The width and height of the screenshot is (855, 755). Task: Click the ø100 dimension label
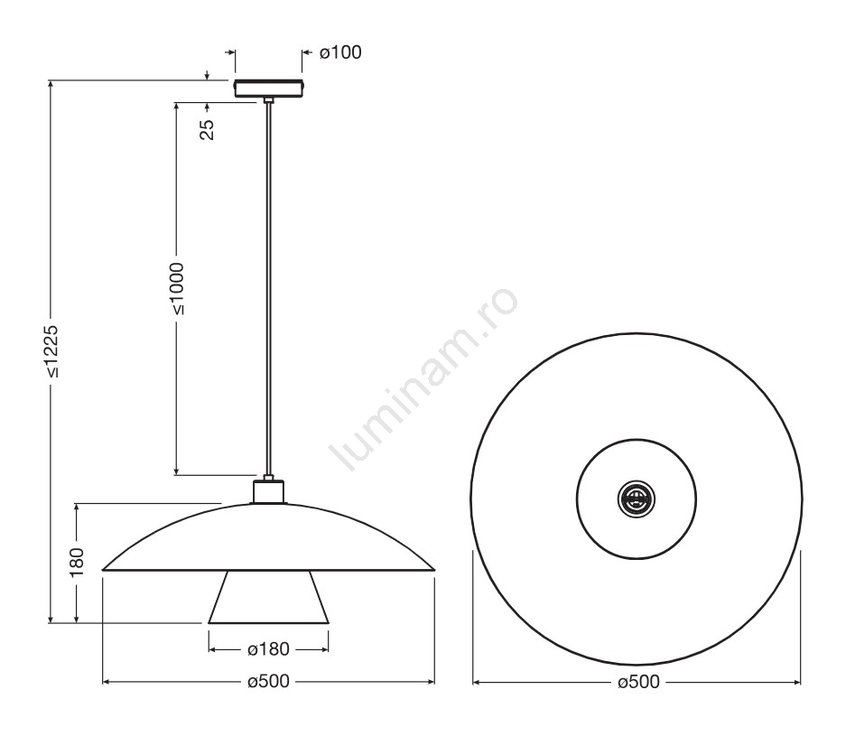[340, 52]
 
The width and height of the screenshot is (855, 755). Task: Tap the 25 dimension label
[208, 129]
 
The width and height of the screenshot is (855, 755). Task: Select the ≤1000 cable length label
[177, 289]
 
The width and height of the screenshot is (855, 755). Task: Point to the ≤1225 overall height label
[51, 352]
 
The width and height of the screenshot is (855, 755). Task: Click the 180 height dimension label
[77, 562]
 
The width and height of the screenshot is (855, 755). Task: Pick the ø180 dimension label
[268, 649]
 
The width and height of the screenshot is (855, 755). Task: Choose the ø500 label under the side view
[268, 681]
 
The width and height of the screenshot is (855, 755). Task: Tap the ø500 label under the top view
[638, 681]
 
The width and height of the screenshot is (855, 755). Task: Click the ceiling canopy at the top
[269, 89]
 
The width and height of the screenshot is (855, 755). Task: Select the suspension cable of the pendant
[268, 289]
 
